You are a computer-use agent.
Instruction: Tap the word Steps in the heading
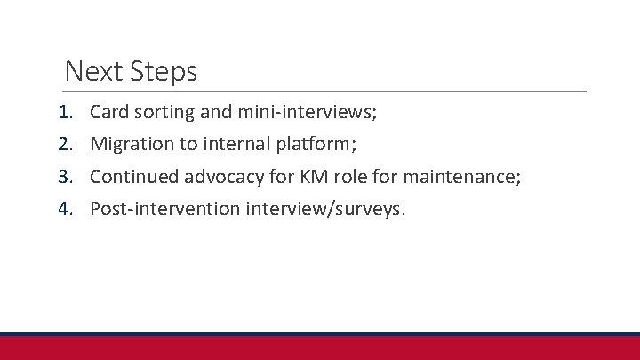click(164, 72)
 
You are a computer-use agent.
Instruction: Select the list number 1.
click(64, 112)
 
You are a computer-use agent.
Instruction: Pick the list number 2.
click(64, 144)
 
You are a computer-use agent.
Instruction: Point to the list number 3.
click(64, 177)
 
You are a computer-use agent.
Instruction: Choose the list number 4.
click(64, 209)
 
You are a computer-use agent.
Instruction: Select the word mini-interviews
click(308, 112)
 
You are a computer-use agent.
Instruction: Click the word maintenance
click(463, 177)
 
